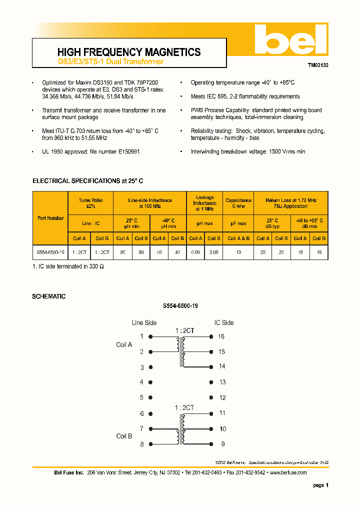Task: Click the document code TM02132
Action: (x=318, y=65)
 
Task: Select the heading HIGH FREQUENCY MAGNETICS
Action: (x=129, y=52)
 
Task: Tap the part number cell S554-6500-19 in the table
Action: (x=50, y=252)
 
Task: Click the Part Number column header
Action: (x=50, y=218)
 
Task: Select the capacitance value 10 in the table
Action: (x=238, y=252)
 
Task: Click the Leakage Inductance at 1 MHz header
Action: (x=204, y=203)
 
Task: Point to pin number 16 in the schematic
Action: (x=221, y=336)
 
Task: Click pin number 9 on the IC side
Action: (x=222, y=443)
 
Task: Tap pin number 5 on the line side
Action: (x=141, y=398)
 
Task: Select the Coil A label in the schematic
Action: (x=124, y=344)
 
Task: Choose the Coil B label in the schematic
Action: (x=124, y=436)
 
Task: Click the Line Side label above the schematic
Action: (x=144, y=322)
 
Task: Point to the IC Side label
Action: (x=224, y=322)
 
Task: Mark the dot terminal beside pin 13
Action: (x=209, y=382)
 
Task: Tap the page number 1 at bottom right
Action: (x=327, y=485)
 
